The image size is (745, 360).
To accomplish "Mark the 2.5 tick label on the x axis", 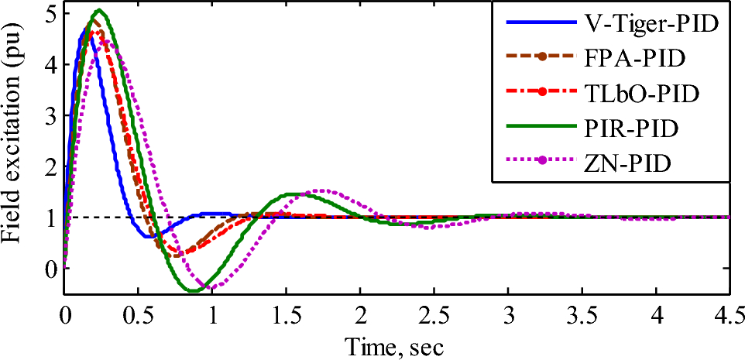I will pyautogui.click(x=434, y=316).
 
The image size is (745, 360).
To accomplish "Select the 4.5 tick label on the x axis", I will pyautogui.click(x=729, y=316).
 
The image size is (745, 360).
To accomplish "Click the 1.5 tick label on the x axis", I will pyautogui.click(x=286, y=316).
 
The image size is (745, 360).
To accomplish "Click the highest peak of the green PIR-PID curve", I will pyautogui.click(x=99, y=10).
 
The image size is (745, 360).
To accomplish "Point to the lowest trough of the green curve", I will pyautogui.click(x=191, y=291).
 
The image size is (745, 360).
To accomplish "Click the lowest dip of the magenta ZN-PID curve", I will pyautogui.click(x=209, y=288).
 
